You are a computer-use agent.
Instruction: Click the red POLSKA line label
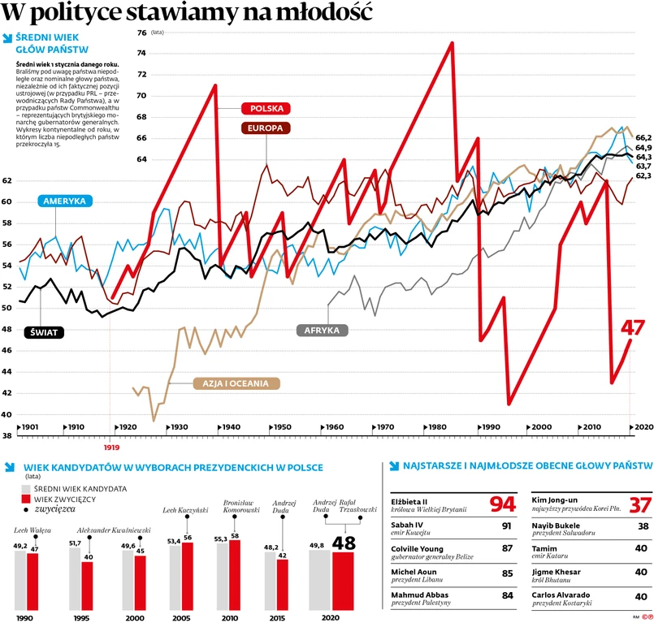click(x=266, y=108)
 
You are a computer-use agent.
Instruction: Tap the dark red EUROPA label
click(x=266, y=128)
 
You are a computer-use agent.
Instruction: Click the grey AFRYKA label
click(x=322, y=331)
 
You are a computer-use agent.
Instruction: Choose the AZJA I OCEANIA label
click(x=235, y=383)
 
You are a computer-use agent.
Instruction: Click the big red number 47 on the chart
click(x=633, y=327)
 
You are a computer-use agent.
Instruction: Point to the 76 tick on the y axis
click(x=142, y=32)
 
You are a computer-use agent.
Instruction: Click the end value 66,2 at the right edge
click(x=643, y=138)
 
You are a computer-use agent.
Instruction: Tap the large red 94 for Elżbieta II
click(x=502, y=504)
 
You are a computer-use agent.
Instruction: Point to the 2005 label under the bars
click(x=181, y=618)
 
